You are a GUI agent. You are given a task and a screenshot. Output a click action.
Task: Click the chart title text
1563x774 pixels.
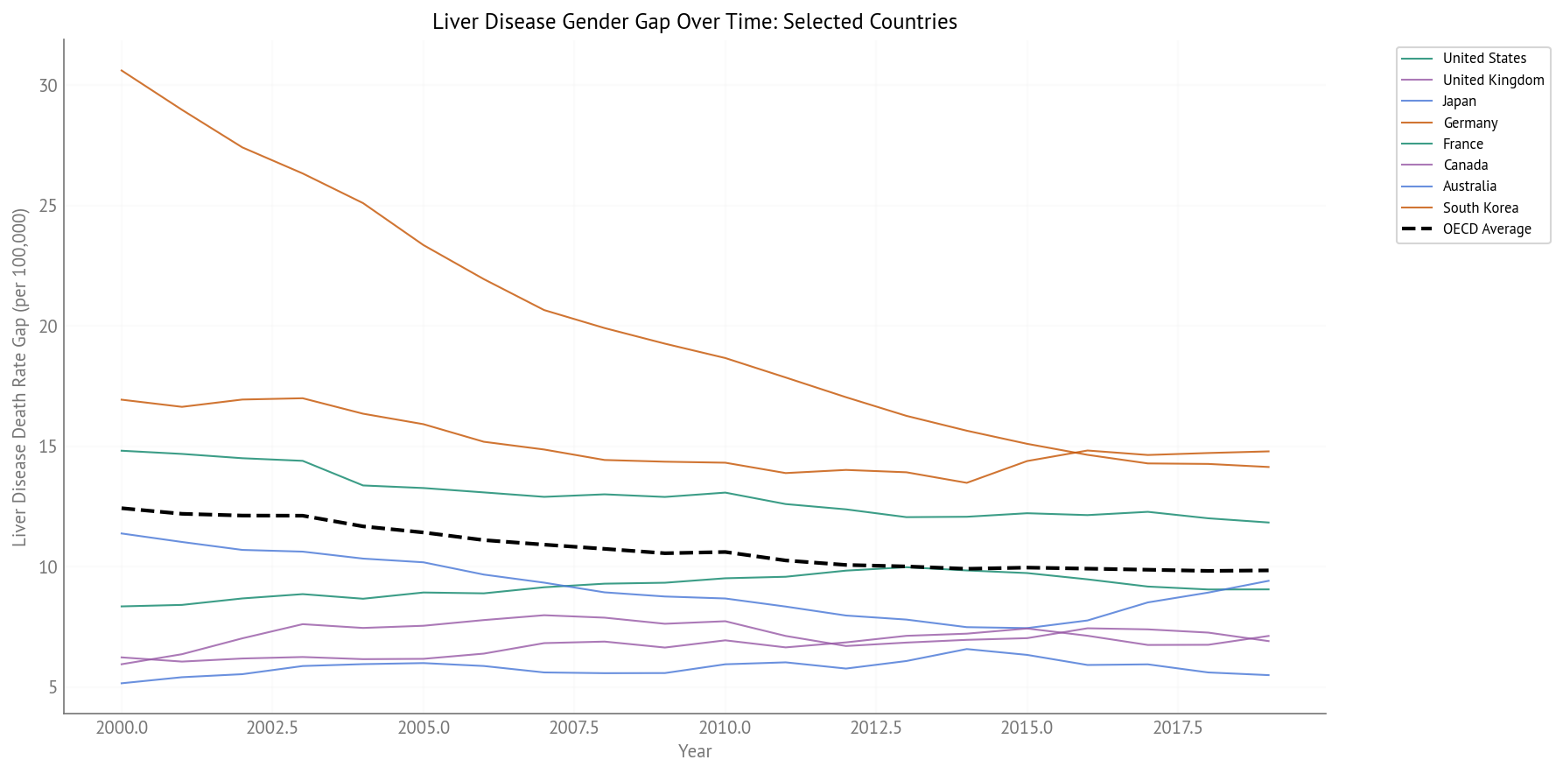pyautogui.click(x=694, y=21)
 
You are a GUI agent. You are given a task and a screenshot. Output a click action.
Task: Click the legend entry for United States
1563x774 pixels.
pyautogui.click(x=1484, y=59)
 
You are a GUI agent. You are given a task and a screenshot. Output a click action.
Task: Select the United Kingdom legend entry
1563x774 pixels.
pyautogui.click(x=1493, y=80)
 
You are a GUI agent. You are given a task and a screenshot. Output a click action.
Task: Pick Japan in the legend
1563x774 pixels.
pyautogui.click(x=1459, y=102)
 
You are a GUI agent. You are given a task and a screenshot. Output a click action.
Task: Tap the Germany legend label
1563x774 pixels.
pyautogui.click(x=1470, y=123)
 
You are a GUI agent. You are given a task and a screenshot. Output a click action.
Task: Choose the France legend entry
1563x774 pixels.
pyautogui.click(x=1462, y=144)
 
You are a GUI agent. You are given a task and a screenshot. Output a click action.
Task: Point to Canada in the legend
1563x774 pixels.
pyautogui.click(x=1465, y=165)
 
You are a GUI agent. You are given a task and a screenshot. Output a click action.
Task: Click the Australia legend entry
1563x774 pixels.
pyautogui.click(x=1469, y=186)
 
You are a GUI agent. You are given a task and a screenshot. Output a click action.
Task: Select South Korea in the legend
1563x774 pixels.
pyautogui.click(x=1480, y=208)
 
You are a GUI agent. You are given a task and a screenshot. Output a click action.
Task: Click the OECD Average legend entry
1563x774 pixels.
pyautogui.click(x=1487, y=229)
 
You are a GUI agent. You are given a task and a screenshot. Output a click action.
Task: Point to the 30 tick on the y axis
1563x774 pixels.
pyautogui.click(x=48, y=86)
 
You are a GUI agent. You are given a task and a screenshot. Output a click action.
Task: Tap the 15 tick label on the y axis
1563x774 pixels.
pyautogui.click(x=48, y=447)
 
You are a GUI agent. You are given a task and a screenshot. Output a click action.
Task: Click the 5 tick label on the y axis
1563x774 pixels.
pyautogui.click(x=53, y=687)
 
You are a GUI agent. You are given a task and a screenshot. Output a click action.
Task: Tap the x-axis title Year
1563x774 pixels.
pyautogui.click(x=695, y=751)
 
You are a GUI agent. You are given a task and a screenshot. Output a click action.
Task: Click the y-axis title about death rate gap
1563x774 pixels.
pyautogui.click(x=19, y=376)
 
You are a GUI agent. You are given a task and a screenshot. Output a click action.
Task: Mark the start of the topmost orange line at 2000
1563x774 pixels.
pyautogui.click(x=122, y=70)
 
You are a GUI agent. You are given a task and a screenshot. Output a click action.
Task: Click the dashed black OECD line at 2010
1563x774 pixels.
pyautogui.click(x=725, y=552)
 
